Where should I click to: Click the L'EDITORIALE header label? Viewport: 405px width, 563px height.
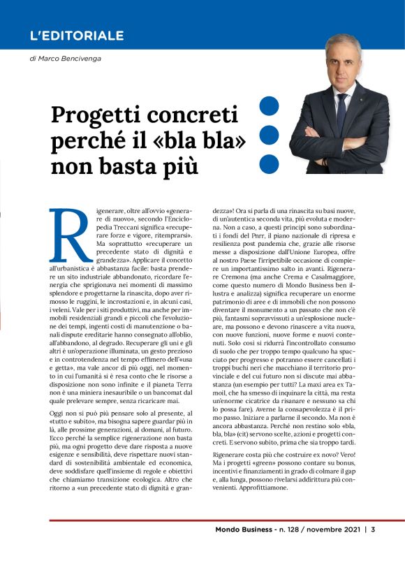click(77, 36)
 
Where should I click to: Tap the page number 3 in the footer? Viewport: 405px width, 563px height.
click(374, 529)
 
